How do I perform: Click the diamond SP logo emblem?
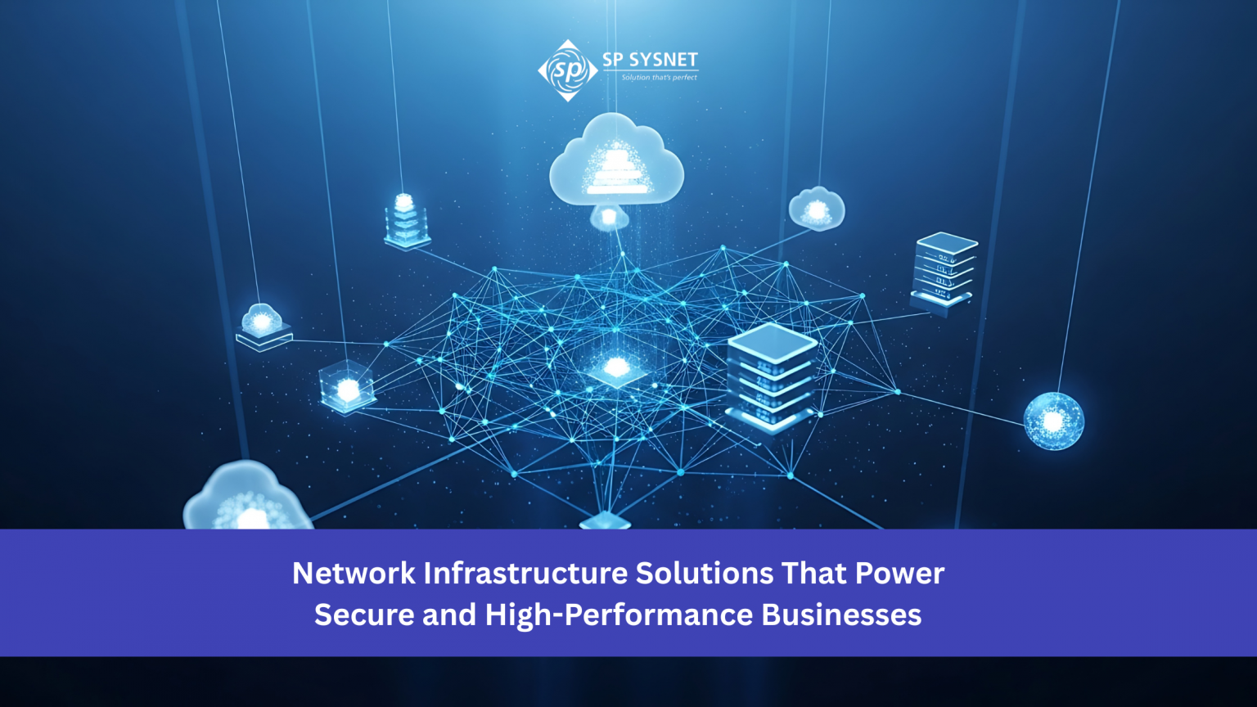568,70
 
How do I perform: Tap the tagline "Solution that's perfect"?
659,78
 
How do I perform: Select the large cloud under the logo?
616,159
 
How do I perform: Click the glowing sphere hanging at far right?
1054,421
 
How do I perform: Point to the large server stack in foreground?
771,377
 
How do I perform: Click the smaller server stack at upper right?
944,271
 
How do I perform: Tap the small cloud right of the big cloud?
817,209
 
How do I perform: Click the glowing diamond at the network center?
616,369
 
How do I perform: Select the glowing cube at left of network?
347,386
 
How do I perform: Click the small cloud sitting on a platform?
264,327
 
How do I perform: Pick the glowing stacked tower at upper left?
406,221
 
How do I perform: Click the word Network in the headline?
354,574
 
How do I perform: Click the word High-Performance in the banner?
619,615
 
